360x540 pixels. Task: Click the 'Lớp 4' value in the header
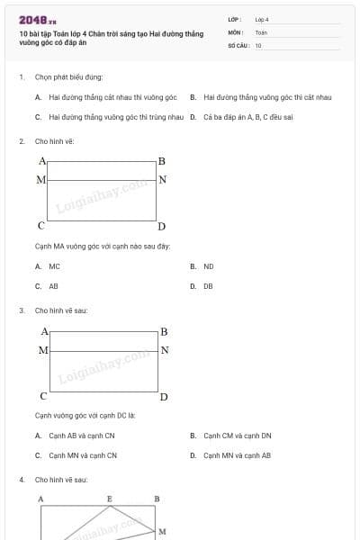pyautogui.click(x=262, y=19)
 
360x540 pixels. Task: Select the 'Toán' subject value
pyautogui.click(x=261, y=31)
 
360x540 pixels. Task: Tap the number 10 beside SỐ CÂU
pyautogui.click(x=258, y=45)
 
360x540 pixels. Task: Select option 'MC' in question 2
pyautogui.click(x=55, y=266)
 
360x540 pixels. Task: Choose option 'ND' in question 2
pyautogui.click(x=209, y=266)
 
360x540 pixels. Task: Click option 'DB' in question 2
pyautogui.click(x=208, y=286)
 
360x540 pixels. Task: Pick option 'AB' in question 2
pyautogui.click(x=54, y=286)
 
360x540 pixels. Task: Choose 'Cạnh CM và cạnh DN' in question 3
pyautogui.click(x=238, y=436)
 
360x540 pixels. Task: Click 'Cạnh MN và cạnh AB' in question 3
pyautogui.click(x=238, y=455)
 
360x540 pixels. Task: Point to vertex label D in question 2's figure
pyautogui.click(x=162, y=226)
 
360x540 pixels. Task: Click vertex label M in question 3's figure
pyautogui.click(x=42, y=350)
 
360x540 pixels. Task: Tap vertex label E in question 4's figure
pyautogui.click(x=110, y=499)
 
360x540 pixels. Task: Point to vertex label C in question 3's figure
pyautogui.click(x=42, y=395)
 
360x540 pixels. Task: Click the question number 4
pyautogui.click(x=22, y=480)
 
